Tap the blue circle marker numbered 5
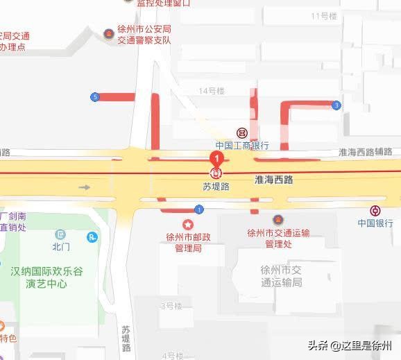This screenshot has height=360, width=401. point(94,97)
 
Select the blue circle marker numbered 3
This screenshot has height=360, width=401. point(336,105)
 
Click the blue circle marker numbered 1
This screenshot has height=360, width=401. point(199,209)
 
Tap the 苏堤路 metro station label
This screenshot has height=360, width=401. point(216,186)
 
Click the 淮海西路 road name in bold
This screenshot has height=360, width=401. point(274,180)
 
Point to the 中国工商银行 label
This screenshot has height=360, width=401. point(241,146)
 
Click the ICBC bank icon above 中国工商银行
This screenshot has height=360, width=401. point(241,133)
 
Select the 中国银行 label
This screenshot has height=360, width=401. point(375,223)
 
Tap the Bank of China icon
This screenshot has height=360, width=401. point(375,211)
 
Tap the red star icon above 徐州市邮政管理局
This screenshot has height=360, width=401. point(187,224)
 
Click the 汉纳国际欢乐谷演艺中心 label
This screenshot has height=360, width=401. point(47,277)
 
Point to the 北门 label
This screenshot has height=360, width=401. point(61,246)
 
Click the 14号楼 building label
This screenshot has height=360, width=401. point(212,91)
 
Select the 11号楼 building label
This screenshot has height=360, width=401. point(324,16)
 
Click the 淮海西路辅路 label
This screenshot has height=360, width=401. point(366,151)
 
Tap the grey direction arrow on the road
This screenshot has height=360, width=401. point(85,187)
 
